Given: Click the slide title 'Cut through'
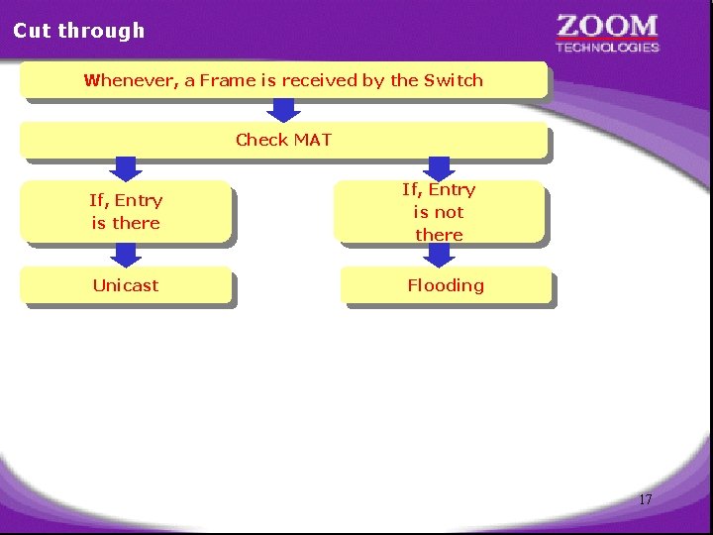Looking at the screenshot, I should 78,31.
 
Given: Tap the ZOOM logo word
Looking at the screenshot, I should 607,26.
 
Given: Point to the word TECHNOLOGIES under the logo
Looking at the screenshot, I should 607,47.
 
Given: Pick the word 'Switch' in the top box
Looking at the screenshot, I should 454,80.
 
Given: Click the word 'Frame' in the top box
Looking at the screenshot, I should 228,80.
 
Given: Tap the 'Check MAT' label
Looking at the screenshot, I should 283,140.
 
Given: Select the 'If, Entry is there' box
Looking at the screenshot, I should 126,211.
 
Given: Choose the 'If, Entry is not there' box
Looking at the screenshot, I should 439,211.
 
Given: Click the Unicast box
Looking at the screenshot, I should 126,285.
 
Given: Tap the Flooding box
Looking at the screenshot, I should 446,285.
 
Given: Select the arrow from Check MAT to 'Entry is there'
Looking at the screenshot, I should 126,168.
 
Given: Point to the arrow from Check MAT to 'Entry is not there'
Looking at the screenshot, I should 439,168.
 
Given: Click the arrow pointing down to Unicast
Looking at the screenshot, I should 126,255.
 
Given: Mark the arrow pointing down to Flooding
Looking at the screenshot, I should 439,255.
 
